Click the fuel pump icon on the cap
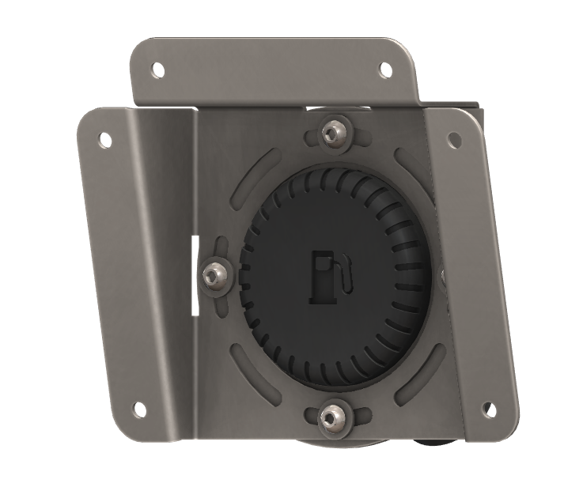tap(325, 277)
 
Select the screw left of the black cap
tap(214, 274)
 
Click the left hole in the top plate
tap(158, 70)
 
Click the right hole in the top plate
tap(385, 70)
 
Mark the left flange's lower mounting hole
tap(139, 410)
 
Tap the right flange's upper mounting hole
tap(454, 140)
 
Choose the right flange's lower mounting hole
tap(489, 410)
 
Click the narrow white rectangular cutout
tap(193, 274)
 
